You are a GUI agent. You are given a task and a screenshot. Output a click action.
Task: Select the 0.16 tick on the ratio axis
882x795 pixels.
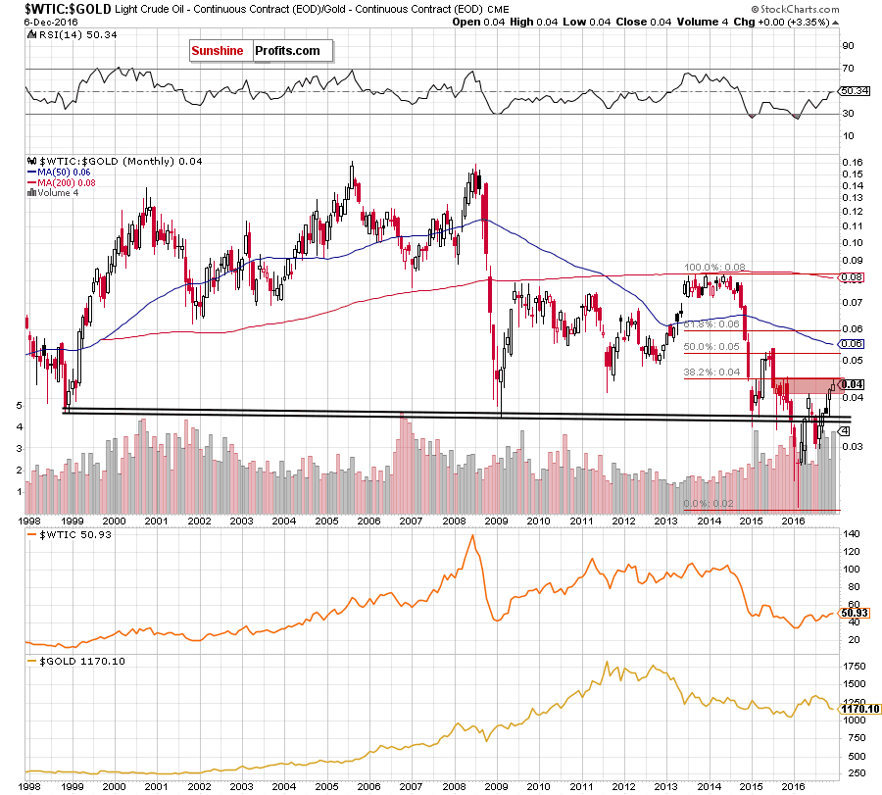(x=853, y=163)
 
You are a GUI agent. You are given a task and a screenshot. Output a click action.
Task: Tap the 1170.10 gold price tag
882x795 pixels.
(x=860, y=709)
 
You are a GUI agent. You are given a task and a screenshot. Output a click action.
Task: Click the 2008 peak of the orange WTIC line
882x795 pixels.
(x=472, y=535)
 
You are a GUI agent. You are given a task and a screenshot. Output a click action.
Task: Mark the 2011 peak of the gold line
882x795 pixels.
(x=607, y=662)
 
